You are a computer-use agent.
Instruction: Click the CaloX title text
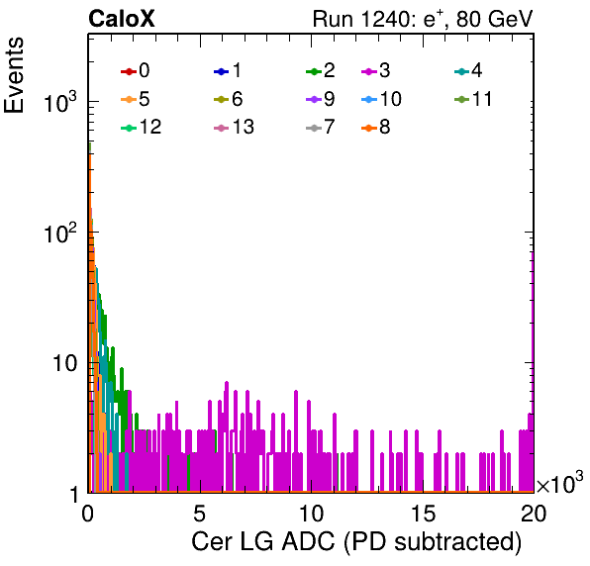point(122,19)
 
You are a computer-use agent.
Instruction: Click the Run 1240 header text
point(423,19)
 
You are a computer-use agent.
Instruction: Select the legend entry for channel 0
point(135,70)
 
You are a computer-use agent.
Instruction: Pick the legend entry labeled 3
point(376,70)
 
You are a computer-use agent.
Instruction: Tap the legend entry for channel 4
point(468,70)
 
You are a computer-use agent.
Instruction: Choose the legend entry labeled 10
point(381,99)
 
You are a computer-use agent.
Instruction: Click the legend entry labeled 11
point(473,99)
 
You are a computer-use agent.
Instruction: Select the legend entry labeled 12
point(142,127)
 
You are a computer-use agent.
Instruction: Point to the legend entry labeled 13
point(234,127)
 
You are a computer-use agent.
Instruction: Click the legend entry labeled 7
point(321,127)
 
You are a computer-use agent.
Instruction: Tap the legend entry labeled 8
point(376,127)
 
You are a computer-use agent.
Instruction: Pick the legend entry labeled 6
point(228,99)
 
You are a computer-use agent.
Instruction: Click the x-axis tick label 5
point(199,514)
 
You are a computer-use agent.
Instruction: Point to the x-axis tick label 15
point(424,514)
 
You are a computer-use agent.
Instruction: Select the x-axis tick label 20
point(534,514)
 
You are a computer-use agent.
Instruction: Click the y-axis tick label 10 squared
point(60,233)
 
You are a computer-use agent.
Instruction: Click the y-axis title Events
point(14,75)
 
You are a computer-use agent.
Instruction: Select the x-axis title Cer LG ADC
point(263,542)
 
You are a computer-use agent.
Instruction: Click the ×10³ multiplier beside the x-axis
point(560,483)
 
